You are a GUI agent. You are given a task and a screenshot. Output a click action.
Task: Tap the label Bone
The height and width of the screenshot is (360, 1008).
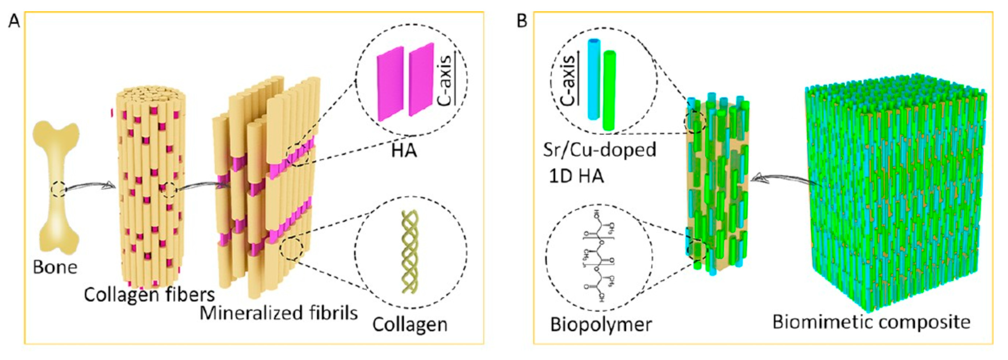tap(55, 267)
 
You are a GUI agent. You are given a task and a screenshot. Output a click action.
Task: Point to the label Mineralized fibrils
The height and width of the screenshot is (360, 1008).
tap(279, 313)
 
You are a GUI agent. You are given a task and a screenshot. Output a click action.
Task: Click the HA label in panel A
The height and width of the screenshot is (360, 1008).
tap(404, 151)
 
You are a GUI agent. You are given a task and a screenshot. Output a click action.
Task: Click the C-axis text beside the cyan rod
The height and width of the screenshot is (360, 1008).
tap(568, 80)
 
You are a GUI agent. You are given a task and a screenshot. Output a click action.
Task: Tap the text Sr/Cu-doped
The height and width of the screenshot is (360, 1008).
tap(599, 150)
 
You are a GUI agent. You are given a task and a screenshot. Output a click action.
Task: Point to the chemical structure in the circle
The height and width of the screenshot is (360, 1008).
tap(599, 256)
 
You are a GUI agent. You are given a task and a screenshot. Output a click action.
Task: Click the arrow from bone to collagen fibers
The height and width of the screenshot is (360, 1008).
tap(90, 186)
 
